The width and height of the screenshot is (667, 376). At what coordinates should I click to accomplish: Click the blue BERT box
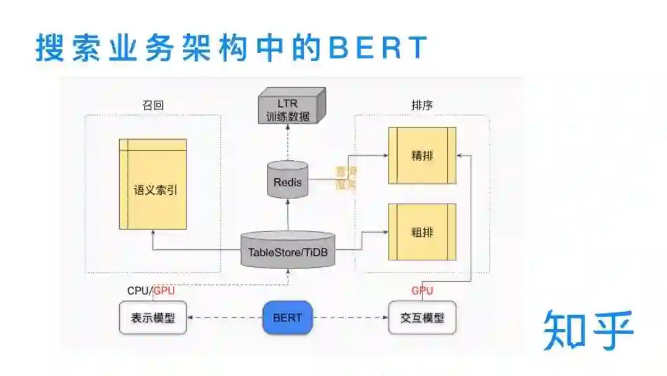(x=287, y=318)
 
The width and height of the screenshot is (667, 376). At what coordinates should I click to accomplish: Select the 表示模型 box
(x=153, y=318)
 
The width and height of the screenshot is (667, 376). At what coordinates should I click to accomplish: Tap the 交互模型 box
(x=422, y=318)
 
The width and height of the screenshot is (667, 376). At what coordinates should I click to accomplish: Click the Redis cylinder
(x=288, y=180)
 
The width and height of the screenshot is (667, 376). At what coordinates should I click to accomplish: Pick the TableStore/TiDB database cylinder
(x=288, y=250)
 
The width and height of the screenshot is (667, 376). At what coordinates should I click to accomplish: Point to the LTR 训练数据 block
(x=290, y=107)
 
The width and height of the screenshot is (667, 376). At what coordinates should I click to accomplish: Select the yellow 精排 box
(x=422, y=155)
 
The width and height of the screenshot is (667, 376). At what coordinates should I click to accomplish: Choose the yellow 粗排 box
(x=422, y=232)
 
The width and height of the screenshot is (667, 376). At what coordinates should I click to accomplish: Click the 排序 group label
(x=422, y=105)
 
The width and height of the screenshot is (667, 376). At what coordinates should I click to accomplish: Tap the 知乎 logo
(x=588, y=330)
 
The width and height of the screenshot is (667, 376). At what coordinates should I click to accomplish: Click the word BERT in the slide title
(x=378, y=48)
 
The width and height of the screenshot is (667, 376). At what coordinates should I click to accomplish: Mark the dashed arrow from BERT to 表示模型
(x=225, y=318)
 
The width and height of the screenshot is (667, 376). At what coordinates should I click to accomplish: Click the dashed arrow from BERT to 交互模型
(x=349, y=318)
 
